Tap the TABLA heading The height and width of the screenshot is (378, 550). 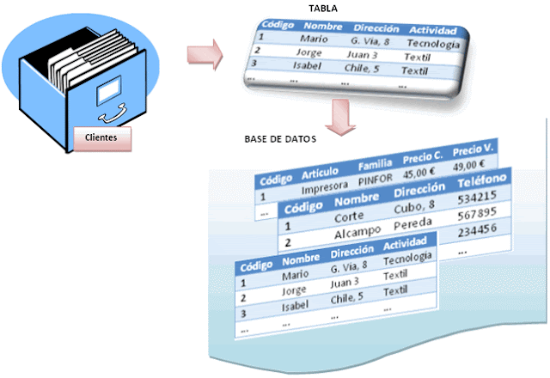(323, 8)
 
